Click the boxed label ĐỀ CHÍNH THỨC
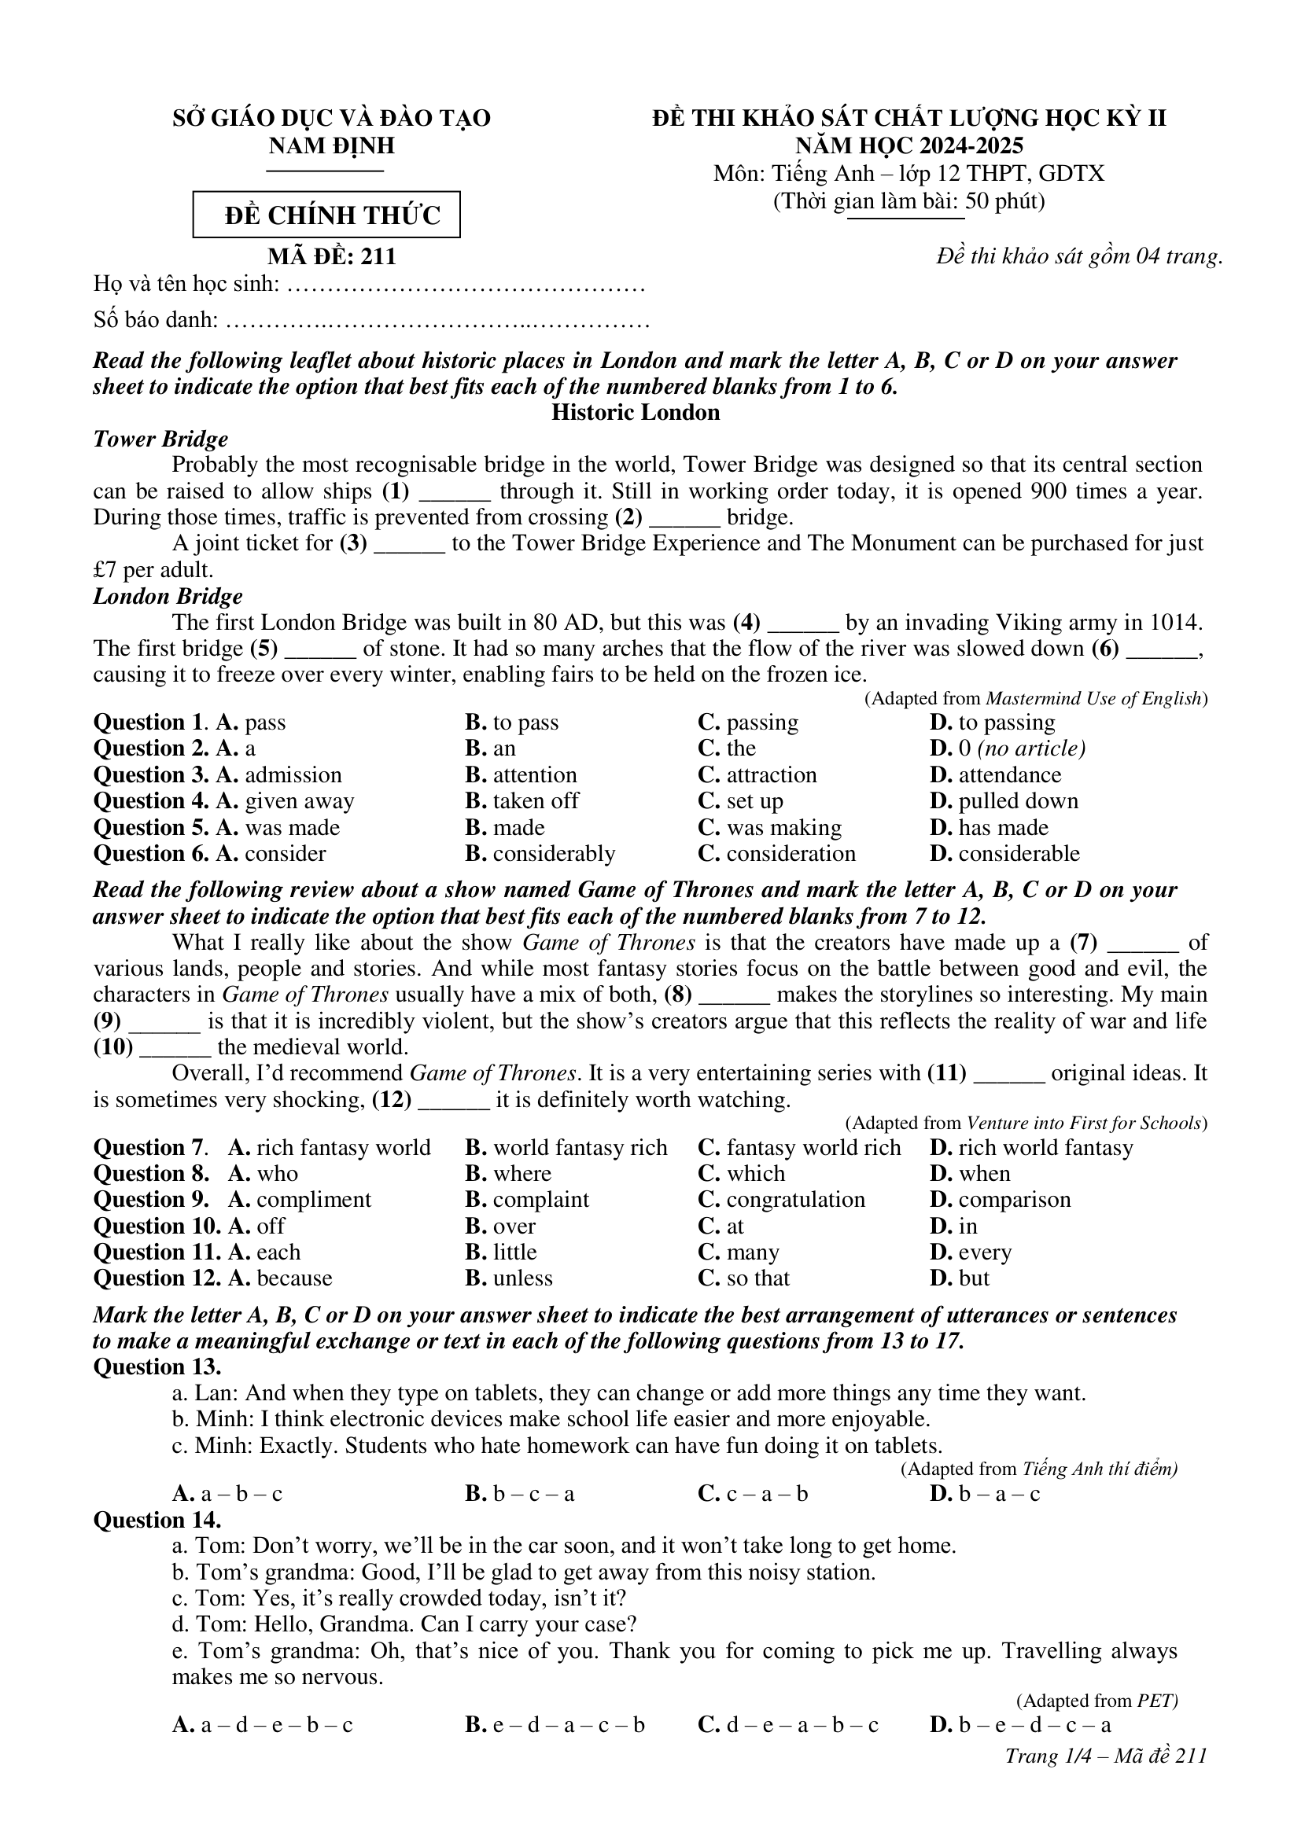[327, 215]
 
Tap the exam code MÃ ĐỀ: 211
[332, 256]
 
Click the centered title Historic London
[636, 413]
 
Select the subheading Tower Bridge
[160, 439]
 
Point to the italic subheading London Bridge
[168, 597]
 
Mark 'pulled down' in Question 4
[1017, 801]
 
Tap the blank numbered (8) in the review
[735, 995]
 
